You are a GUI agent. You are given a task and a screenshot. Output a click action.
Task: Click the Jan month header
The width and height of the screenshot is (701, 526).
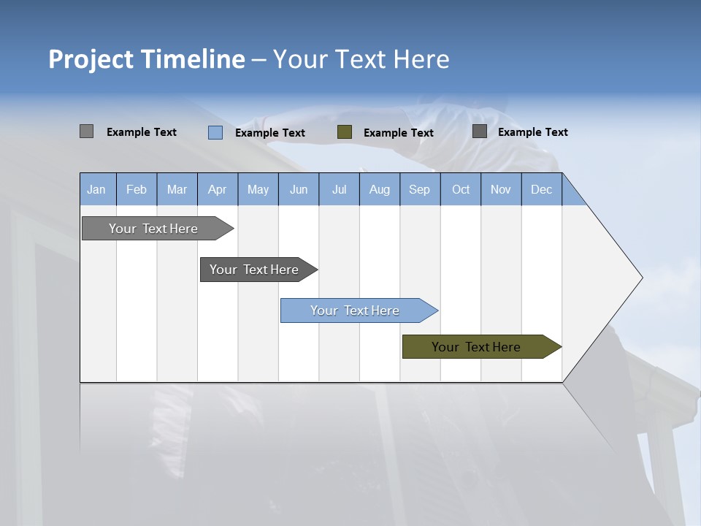coord(97,189)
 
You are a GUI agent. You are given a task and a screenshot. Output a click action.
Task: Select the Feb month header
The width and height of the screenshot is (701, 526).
coord(137,189)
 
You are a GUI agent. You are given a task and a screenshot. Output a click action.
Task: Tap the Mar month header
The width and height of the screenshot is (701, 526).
coord(177,189)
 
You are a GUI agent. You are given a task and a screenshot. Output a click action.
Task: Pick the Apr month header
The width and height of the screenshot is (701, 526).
coord(218,189)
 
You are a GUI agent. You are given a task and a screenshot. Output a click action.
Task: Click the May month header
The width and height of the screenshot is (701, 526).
coord(258,189)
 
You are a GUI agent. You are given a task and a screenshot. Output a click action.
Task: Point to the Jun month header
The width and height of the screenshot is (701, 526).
coord(299,189)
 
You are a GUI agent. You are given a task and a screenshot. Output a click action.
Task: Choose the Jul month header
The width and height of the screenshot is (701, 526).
coord(339,189)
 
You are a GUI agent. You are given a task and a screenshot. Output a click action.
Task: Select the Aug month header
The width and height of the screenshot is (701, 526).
coord(380,189)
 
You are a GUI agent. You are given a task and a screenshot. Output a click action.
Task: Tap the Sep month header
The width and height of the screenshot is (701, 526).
coord(420,189)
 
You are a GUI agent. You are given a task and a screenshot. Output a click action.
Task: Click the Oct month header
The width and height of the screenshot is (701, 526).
coord(461,189)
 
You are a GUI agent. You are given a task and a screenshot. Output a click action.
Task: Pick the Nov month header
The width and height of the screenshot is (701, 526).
coord(501,189)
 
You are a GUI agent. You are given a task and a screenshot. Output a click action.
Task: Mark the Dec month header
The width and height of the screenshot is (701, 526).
coord(542,189)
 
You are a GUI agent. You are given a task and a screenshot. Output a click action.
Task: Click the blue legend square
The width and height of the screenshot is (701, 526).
coord(215,132)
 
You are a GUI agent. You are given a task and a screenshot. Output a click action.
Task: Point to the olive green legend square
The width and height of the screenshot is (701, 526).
coord(345,132)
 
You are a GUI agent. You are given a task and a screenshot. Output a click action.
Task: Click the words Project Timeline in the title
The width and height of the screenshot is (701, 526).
coord(147,59)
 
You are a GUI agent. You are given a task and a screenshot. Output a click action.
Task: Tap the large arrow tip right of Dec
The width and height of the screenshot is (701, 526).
coord(606,278)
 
